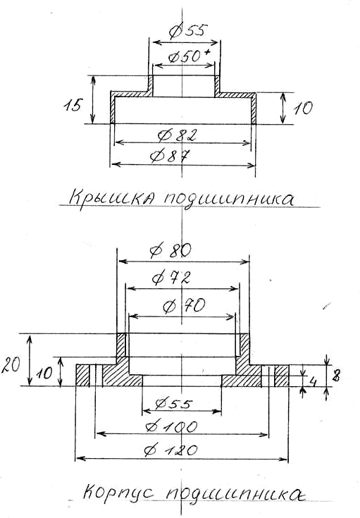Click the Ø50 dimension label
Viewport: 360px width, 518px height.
185,57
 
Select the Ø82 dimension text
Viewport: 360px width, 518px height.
178,135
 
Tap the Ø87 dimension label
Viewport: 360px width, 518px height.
170,156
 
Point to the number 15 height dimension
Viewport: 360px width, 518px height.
72,106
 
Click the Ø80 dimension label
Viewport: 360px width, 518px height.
170,251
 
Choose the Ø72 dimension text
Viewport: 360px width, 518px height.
171,278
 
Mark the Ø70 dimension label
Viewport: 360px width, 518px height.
184,306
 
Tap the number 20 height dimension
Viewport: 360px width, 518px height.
11,365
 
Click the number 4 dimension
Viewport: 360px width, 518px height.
312,382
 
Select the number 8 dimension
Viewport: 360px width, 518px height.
336,376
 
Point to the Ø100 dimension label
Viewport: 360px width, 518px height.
172,427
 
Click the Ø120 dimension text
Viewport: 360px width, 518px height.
171,450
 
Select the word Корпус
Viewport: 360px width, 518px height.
118,493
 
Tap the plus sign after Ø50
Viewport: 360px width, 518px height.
207,52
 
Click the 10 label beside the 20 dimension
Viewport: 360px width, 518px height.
44,374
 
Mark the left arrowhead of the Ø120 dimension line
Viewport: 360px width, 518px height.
80,459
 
